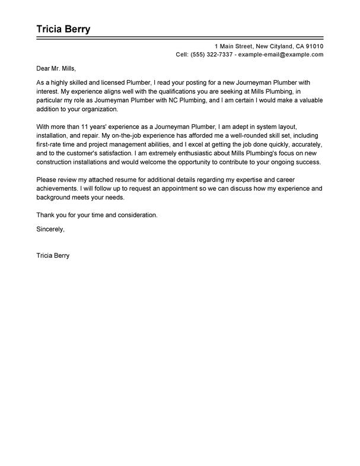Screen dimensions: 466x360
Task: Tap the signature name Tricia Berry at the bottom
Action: pyautogui.click(x=54, y=240)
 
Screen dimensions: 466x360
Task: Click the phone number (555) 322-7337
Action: pyautogui.click(x=212, y=54)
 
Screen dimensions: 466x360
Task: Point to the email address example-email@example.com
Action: pyautogui.click(x=281, y=54)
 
